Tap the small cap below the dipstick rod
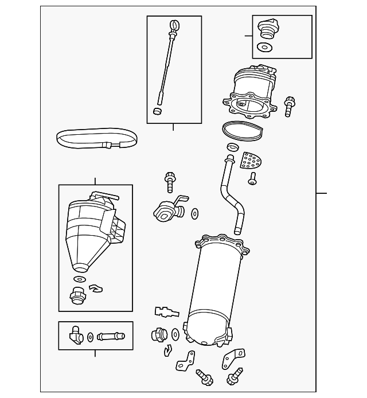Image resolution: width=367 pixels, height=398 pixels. click(x=157, y=110)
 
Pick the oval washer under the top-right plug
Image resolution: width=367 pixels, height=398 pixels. click(x=264, y=48)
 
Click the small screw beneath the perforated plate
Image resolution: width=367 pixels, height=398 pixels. click(x=253, y=181)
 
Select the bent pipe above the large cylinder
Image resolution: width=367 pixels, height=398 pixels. click(x=231, y=192)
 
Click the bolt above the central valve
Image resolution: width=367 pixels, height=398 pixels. click(x=170, y=181)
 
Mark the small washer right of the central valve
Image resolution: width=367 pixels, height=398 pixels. click(x=194, y=214)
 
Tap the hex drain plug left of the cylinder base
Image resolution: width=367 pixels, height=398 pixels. click(x=157, y=335)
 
